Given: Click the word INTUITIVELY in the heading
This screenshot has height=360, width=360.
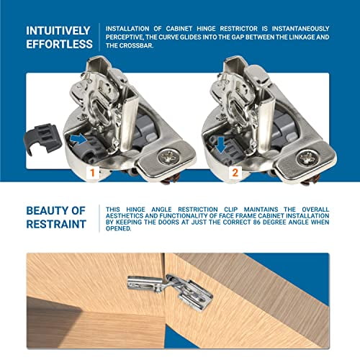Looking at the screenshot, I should [x=58, y=31].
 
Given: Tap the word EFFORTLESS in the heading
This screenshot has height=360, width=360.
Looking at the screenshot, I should [x=58, y=45].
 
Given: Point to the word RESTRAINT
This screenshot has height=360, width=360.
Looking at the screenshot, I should [x=57, y=223].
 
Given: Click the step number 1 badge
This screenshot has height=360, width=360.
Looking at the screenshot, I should [x=91, y=174].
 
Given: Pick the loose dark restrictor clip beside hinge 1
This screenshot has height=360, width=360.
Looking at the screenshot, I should [x=42, y=138].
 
